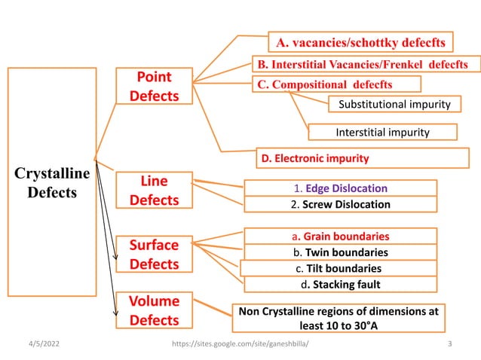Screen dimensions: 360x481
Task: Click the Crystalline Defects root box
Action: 51,183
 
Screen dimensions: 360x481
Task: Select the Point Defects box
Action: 153,87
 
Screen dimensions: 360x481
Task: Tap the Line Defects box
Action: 153,191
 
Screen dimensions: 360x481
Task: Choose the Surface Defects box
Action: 153,255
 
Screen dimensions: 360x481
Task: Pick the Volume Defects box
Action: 153,310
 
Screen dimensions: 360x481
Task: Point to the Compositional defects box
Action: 325,84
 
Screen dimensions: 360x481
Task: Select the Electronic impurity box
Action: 314,158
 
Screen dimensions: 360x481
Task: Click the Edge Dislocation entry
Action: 339,188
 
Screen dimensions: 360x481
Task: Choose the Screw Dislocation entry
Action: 339,204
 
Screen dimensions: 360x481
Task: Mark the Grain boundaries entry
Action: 340,236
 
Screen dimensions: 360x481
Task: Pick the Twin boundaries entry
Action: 340,252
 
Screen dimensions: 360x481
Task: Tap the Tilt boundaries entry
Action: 339,268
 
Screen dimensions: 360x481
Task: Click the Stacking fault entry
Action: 340,284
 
